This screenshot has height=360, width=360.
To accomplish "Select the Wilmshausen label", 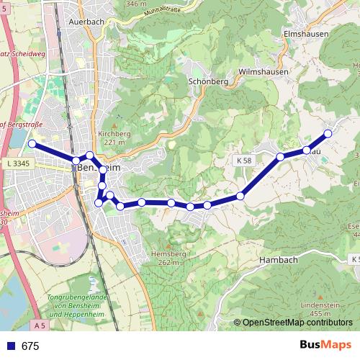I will (262, 72).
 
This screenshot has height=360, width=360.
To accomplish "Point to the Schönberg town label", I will (207, 82).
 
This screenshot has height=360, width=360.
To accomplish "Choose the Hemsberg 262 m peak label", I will (169, 258).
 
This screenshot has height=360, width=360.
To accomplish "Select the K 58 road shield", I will (243, 161).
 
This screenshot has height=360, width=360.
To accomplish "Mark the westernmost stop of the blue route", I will (32, 144).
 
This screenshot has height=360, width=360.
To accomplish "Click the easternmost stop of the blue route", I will (328, 133).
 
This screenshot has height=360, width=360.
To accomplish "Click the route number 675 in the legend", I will (30, 346).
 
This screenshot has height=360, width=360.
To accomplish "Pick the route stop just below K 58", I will (240, 195).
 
